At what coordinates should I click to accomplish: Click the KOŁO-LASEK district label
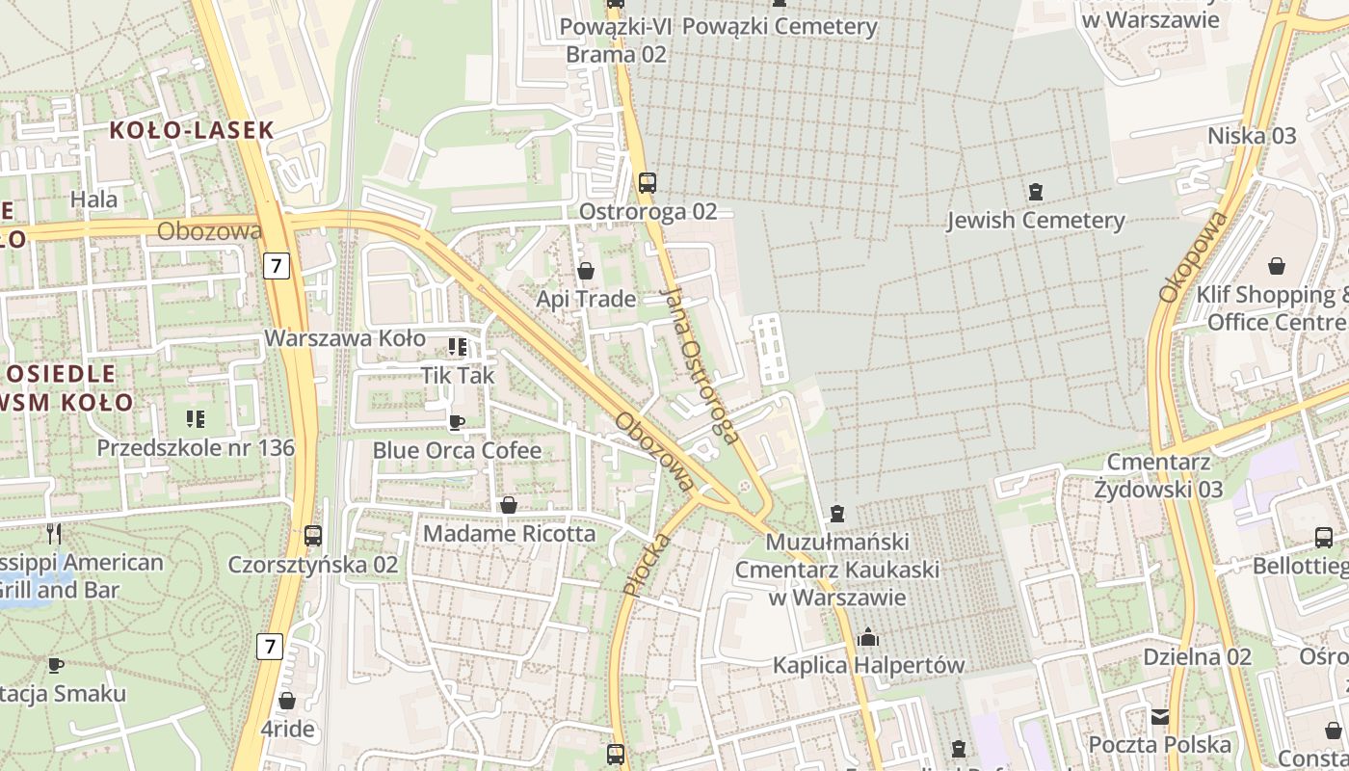point(192,130)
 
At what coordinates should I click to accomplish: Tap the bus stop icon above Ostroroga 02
point(648,182)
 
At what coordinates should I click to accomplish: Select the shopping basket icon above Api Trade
point(585,271)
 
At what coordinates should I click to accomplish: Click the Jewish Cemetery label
point(1035,221)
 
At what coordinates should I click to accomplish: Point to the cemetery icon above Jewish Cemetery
point(1036,191)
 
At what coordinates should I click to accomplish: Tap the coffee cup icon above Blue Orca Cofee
point(457,422)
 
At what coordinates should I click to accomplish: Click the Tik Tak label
point(457,375)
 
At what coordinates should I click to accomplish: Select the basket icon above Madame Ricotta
point(509,505)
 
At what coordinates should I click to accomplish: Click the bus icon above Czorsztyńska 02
point(312,535)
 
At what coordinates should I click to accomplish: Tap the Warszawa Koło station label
point(345,338)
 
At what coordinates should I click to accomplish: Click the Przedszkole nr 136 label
point(196,448)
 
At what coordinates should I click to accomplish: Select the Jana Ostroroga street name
point(701,365)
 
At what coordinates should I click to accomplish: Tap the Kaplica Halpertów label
point(868,665)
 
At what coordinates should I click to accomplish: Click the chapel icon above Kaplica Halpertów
point(868,637)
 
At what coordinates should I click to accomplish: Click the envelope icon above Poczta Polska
point(1160,716)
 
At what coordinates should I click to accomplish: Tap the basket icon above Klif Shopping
point(1277,265)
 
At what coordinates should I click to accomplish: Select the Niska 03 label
point(1252,136)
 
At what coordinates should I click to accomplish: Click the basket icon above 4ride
point(287,701)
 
